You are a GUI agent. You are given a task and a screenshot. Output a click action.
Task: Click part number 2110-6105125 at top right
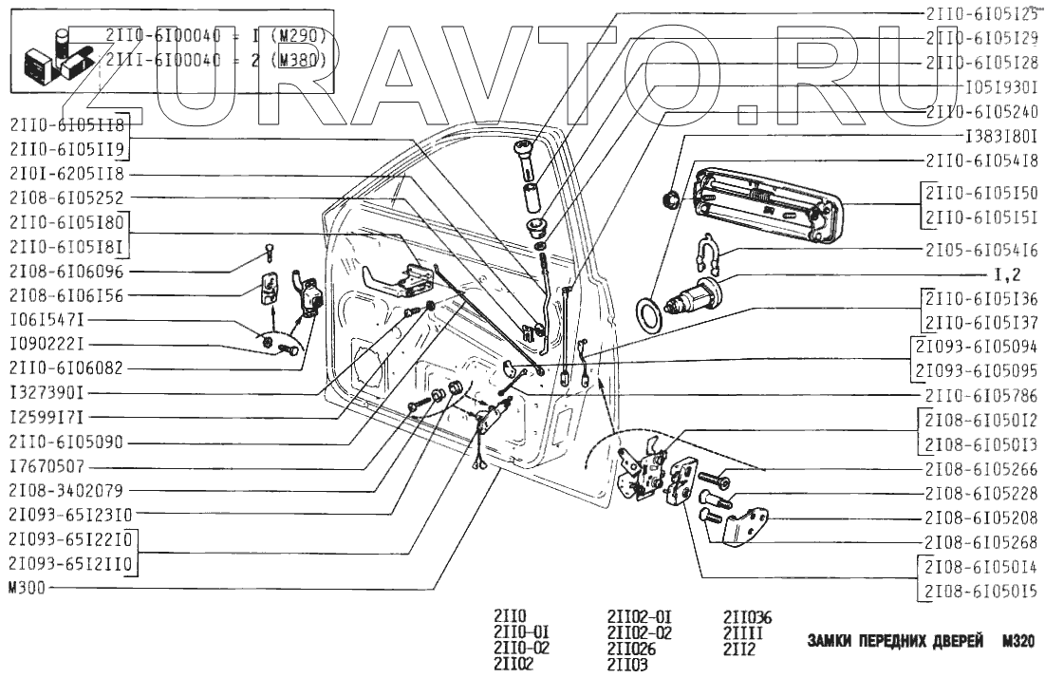981,14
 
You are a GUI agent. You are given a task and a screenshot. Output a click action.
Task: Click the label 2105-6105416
981,251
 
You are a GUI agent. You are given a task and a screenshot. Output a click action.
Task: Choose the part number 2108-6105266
981,468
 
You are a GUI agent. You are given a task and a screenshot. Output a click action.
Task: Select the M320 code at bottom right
1016,642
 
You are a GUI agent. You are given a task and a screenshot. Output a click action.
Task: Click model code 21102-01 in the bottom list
639,616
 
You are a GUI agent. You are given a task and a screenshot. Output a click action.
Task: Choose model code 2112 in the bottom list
738,650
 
